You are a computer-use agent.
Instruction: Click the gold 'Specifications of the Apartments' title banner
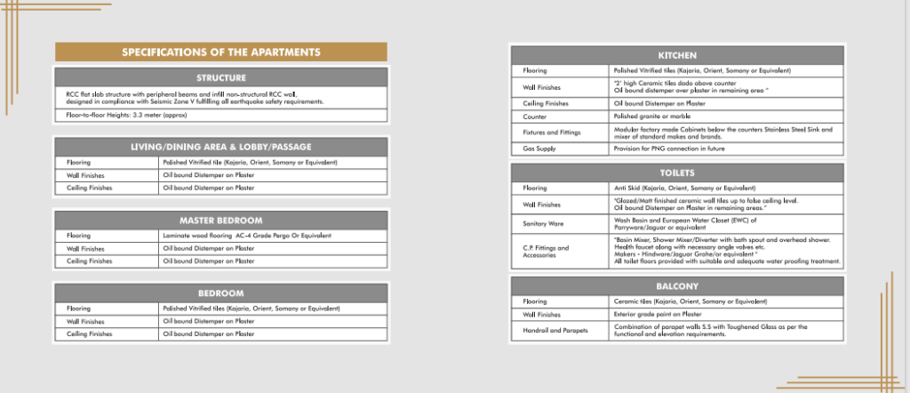tap(221, 52)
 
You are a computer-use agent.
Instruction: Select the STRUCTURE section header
tap(221, 77)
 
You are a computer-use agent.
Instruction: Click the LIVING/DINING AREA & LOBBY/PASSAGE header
tap(221, 147)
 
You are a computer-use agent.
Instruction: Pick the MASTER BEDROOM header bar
tap(221, 220)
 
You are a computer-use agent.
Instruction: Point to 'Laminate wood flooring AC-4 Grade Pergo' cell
tap(247, 236)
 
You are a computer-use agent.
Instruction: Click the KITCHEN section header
tap(676, 54)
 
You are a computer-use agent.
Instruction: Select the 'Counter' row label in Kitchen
tap(535, 116)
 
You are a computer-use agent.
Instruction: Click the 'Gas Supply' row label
tap(539, 148)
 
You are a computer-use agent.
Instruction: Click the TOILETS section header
tap(676, 172)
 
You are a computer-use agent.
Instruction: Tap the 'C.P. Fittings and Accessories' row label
tap(546, 252)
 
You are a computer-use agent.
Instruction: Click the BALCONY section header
tap(676, 286)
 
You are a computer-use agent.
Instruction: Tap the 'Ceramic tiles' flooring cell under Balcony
tap(690, 302)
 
